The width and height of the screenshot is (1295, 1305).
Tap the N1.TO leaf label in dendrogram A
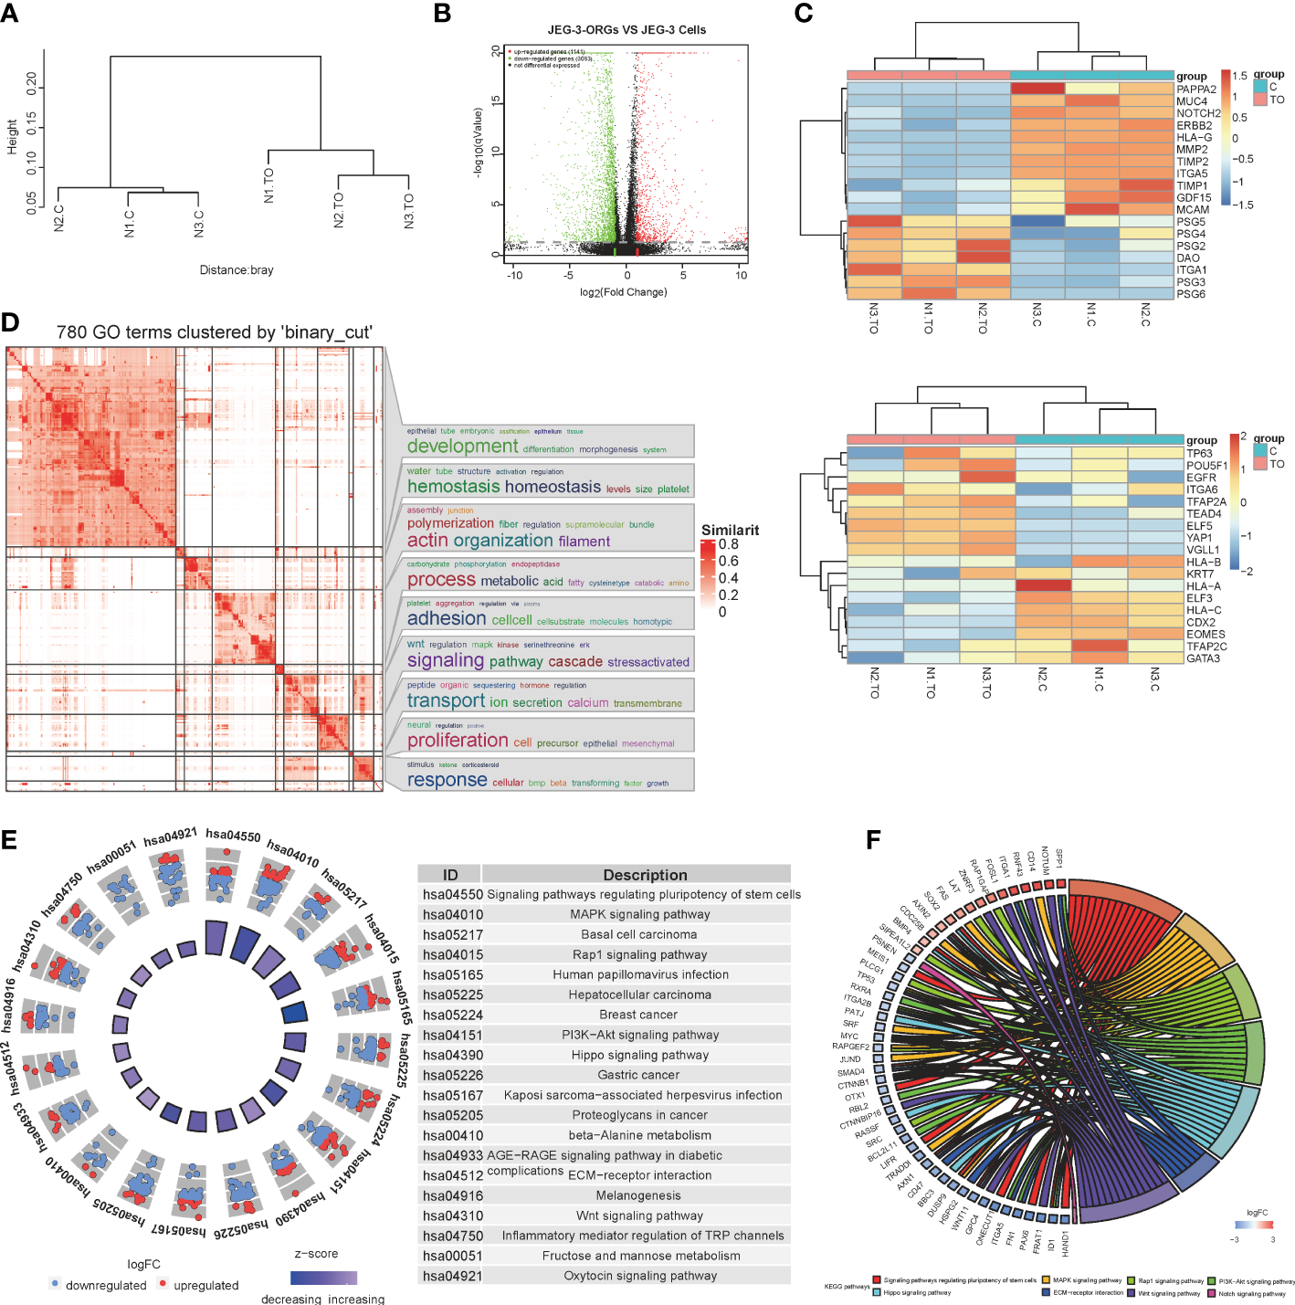coord(268,185)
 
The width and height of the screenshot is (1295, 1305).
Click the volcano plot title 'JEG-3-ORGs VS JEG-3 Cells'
coord(626,30)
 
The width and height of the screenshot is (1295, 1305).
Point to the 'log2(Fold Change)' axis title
coord(623,292)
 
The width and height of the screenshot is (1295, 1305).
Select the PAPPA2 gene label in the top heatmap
coord(1196,89)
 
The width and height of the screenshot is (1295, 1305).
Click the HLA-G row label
coord(1195,138)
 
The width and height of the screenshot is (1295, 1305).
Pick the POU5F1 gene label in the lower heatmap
coord(1206,466)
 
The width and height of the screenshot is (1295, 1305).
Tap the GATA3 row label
coord(1203,658)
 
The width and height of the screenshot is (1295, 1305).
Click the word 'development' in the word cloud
coord(462,447)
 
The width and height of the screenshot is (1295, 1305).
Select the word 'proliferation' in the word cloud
coord(458,741)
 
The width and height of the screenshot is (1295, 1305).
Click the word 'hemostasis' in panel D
coord(454,487)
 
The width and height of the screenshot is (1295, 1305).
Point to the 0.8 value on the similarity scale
coord(729,544)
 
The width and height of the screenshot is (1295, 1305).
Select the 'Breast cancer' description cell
coord(638,1015)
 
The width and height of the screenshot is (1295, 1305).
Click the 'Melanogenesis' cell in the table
coord(638,1195)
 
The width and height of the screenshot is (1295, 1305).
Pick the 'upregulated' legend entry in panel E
coord(205,1285)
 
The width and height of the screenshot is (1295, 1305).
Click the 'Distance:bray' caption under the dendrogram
coord(237,270)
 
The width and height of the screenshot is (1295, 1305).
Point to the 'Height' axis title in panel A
coord(12,136)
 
